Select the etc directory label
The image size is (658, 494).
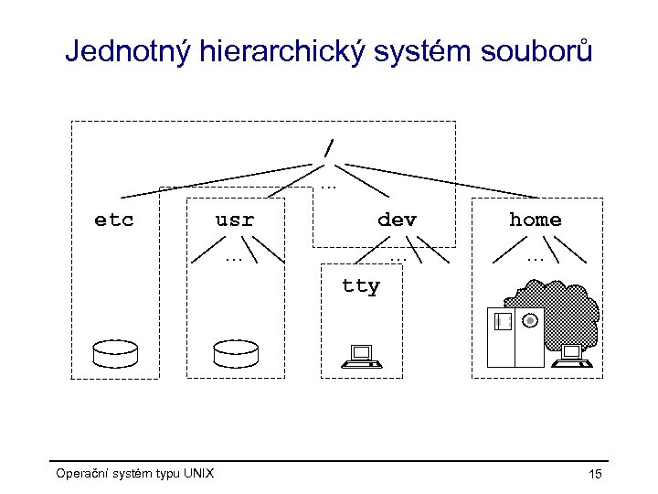[114, 220]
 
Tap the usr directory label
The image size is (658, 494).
[234, 220]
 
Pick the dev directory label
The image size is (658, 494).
[397, 220]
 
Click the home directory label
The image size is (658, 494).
[535, 220]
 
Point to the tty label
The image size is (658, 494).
[360, 286]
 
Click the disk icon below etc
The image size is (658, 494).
[114, 351]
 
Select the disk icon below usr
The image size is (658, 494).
[235, 351]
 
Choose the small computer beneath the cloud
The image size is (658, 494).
[572, 356]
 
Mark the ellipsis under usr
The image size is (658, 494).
[234, 259]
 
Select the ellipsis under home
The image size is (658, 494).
[535, 259]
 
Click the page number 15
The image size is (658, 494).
[595, 474]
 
